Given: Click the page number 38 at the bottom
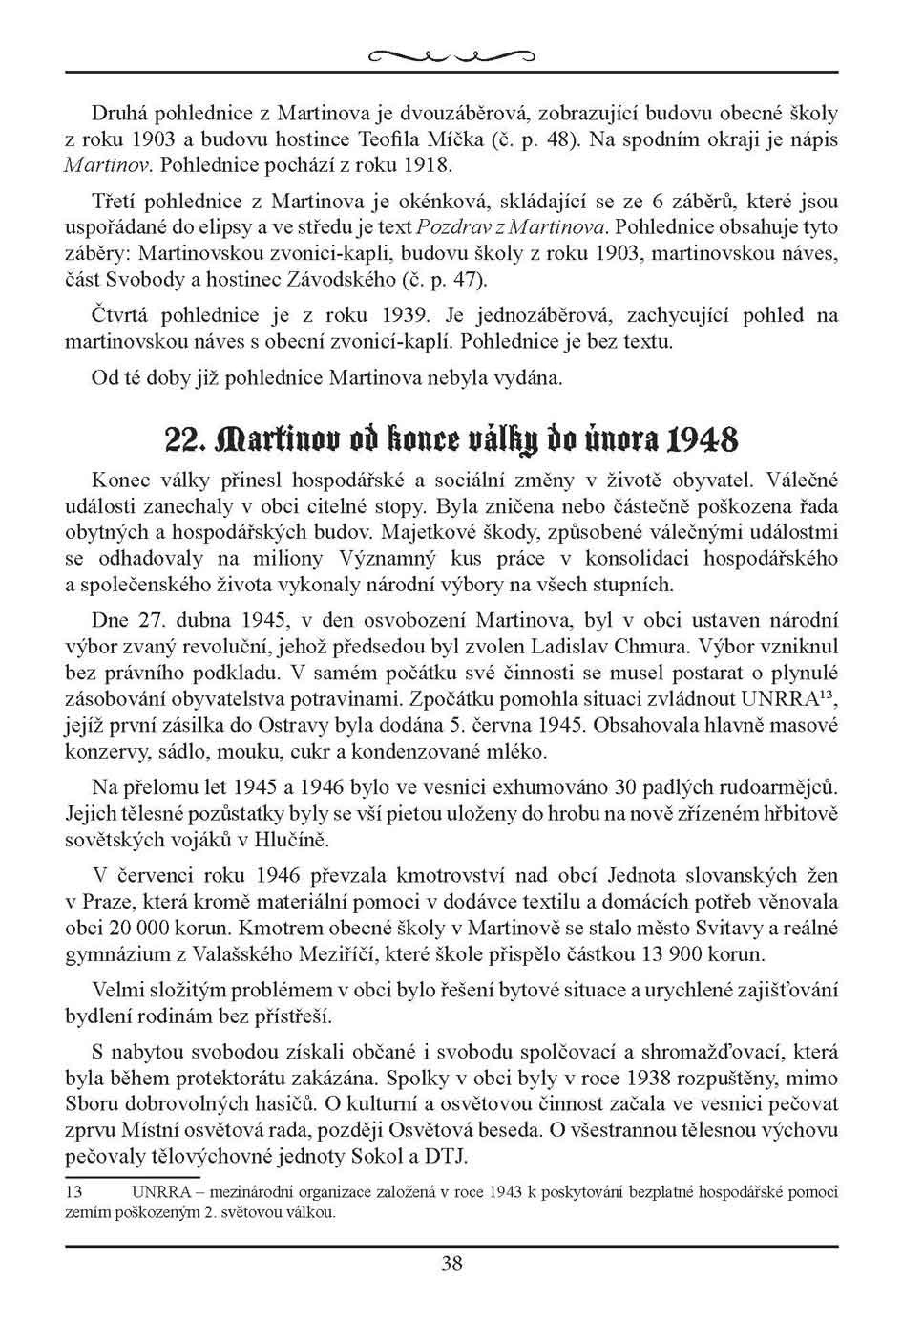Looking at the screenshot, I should coord(451,1263).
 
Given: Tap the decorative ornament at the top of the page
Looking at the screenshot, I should coord(451,54).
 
